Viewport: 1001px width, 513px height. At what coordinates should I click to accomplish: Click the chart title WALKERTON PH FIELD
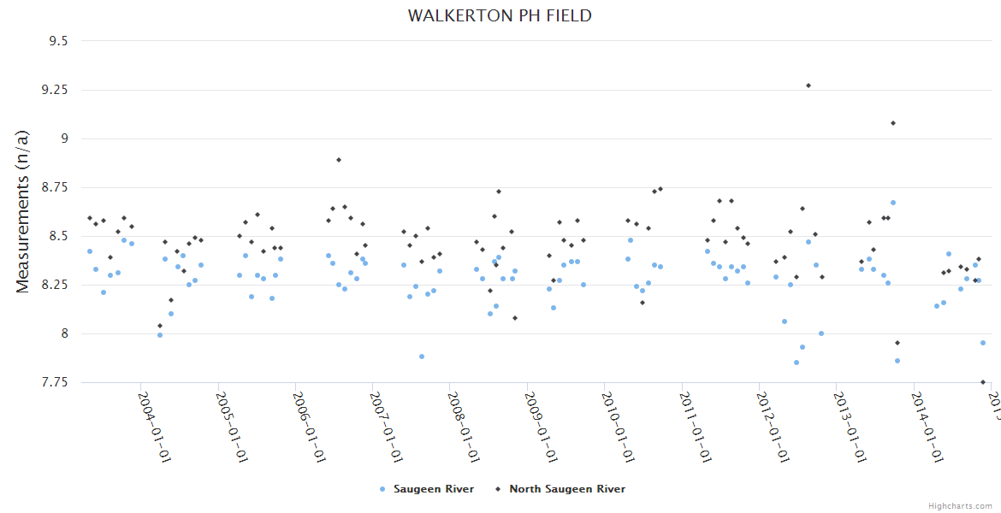500,15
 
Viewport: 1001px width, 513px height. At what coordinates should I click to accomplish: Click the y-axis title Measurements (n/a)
24,210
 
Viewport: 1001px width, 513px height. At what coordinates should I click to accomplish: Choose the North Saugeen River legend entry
566,489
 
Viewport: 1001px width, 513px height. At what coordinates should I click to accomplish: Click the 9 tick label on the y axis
63,139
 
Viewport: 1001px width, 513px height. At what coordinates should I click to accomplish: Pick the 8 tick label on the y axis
63,333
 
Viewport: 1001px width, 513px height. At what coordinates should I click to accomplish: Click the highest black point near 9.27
808,85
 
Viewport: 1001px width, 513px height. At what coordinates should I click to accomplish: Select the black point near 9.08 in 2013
893,123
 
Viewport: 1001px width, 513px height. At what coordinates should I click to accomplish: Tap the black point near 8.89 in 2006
339,160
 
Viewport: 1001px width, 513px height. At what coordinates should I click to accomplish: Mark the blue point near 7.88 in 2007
422,357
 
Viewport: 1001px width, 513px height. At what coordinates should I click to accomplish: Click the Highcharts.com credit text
960,505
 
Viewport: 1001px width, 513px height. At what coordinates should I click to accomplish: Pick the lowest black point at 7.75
983,382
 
